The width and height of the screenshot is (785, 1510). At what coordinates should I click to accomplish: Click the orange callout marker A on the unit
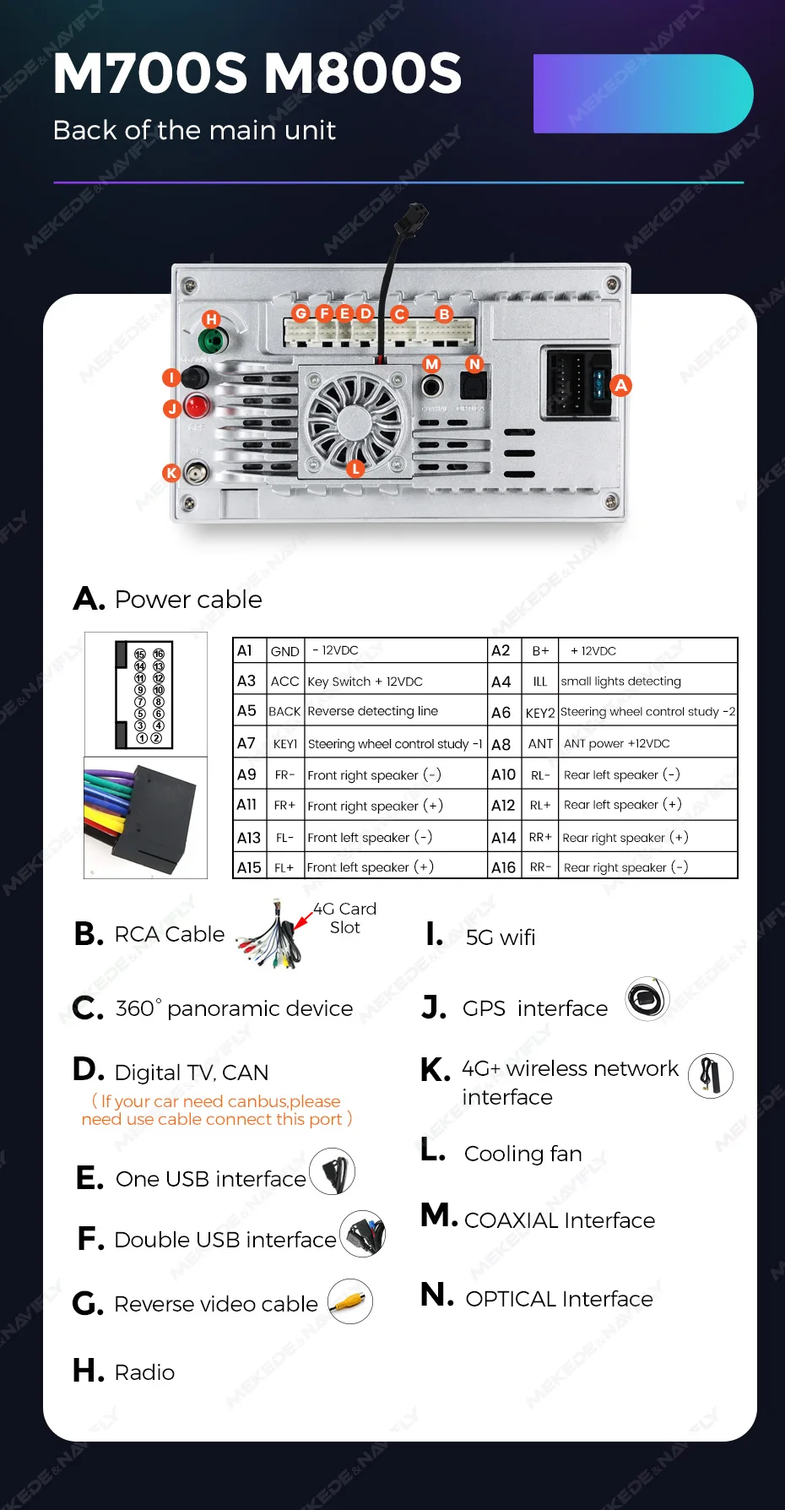point(621,385)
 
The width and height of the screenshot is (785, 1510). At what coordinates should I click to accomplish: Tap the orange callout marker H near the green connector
point(211,319)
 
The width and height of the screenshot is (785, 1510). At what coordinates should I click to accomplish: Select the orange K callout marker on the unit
point(171,473)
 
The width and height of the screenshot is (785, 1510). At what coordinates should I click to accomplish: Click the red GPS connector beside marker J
point(197,406)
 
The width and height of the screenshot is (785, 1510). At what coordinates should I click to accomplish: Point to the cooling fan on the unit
point(354,418)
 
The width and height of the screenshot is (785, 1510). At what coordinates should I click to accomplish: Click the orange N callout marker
point(474,364)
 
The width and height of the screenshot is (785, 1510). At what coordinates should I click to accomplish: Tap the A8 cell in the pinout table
point(501,744)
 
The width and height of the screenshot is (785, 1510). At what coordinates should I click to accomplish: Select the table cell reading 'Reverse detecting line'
point(373,711)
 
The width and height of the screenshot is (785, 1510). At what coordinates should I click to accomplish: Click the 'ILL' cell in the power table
point(540,682)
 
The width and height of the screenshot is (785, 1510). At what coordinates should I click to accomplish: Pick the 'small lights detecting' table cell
point(621,682)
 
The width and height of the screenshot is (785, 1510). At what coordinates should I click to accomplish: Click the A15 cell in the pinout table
point(249,867)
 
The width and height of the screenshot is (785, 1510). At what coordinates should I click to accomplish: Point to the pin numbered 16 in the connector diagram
point(158,655)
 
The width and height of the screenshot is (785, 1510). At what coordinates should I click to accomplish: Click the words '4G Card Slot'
point(345,918)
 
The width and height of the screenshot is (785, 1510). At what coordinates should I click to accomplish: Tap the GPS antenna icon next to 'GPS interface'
point(647,999)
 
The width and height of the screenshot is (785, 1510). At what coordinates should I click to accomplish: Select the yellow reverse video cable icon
point(349,1301)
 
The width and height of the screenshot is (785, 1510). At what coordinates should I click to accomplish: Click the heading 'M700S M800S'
point(257,73)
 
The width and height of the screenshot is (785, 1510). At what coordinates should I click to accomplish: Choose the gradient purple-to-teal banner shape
point(643,94)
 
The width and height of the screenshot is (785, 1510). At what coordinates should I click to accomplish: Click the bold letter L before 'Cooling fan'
point(432,1150)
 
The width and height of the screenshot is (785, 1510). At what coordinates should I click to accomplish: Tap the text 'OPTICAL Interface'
point(559,1299)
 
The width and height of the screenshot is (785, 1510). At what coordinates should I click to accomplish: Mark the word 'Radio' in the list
point(144,1372)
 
